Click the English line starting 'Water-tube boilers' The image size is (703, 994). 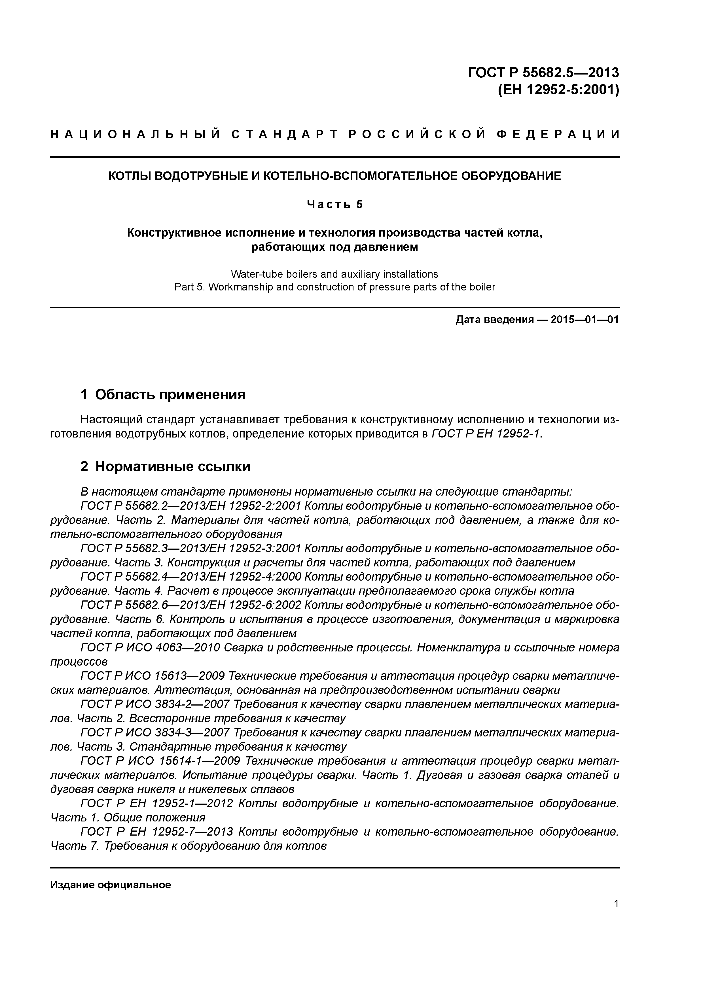[334, 274]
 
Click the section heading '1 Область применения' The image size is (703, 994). [163, 394]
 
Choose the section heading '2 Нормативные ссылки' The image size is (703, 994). [166, 466]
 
